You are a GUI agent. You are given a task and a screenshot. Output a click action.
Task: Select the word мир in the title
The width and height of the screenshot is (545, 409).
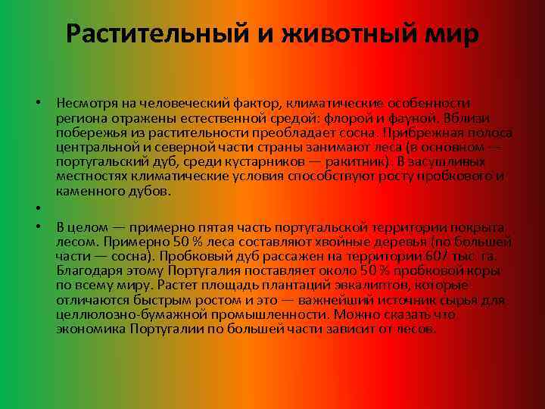coord(451,34)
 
